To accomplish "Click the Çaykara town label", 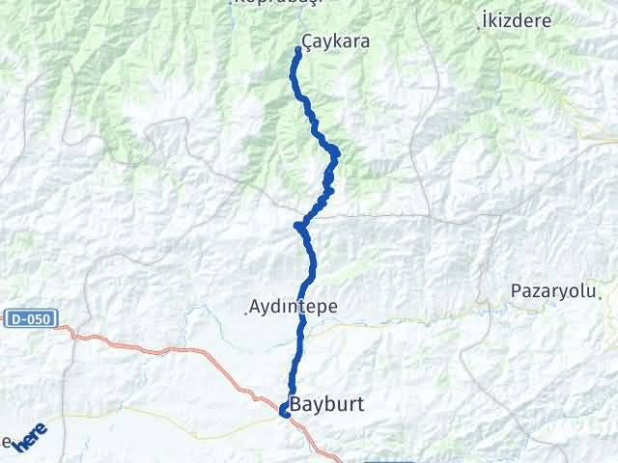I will pyautogui.click(x=336, y=42).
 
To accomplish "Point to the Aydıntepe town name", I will pyautogui.click(x=293, y=306).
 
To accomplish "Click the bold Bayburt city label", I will pyautogui.click(x=326, y=405).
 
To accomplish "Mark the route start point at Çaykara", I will pyautogui.click(x=297, y=50).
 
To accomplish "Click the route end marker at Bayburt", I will pyautogui.click(x=284, y=412).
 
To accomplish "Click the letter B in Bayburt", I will pyautogui.click(x=296, y=405).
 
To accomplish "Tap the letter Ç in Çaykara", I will pyautogui.click(x=308, y=42).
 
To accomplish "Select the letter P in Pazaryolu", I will pyautogui.click(x=516, y=290).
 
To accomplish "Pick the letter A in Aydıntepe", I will pyautogui.click(x=255, y=306).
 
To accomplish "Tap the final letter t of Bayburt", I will pyautogui.click(x=359, y=405).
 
